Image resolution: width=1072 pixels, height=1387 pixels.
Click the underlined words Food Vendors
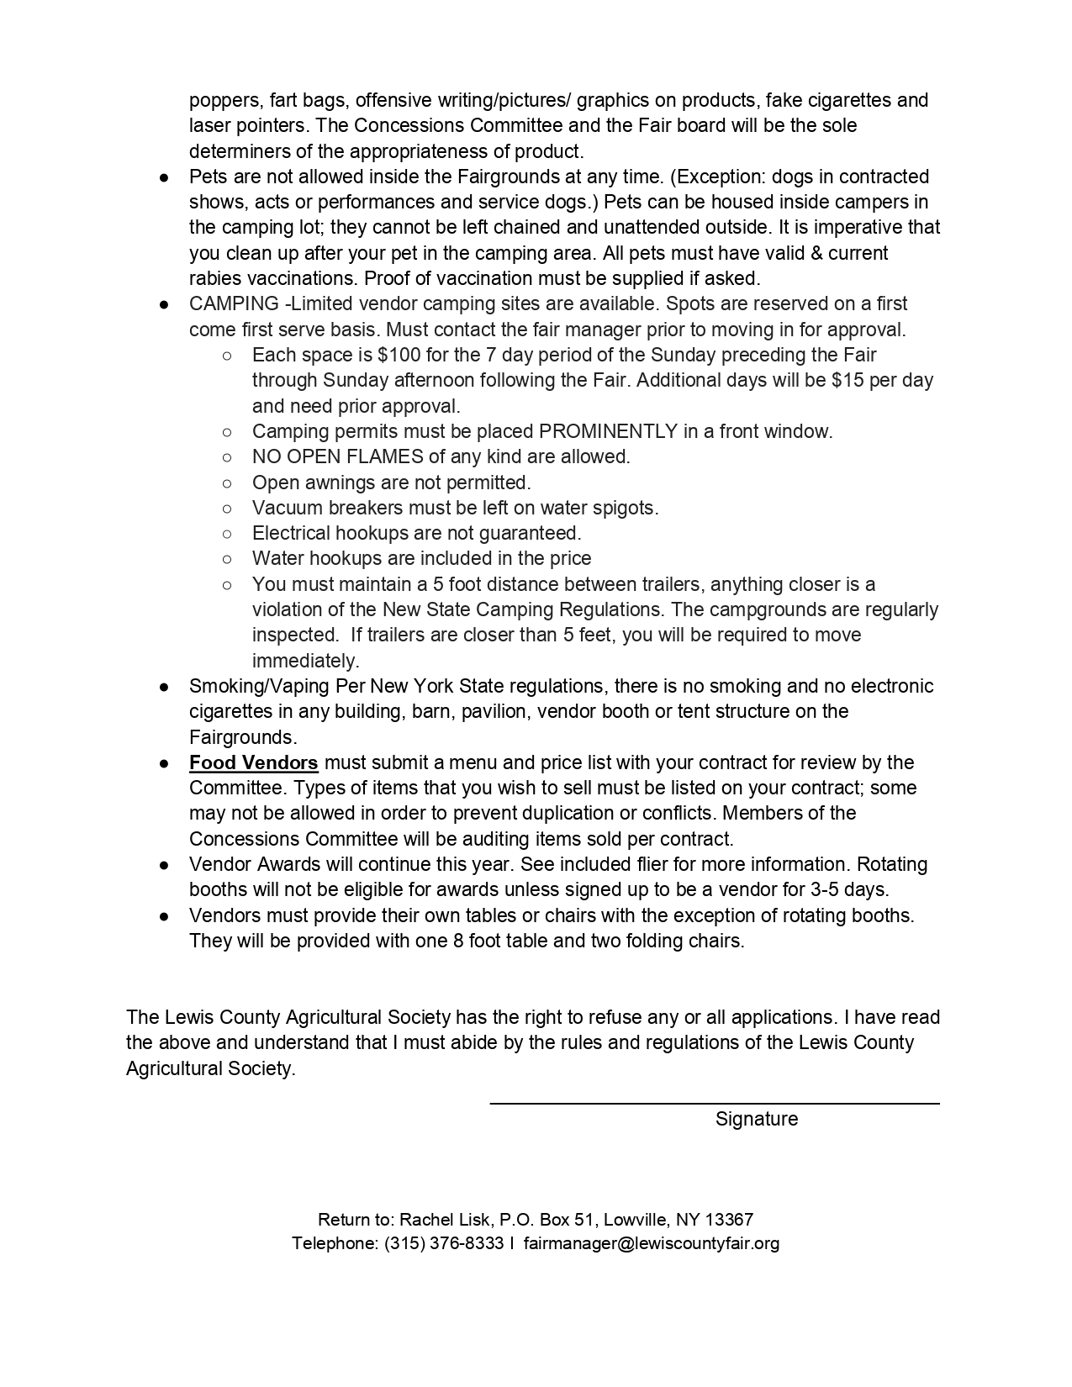point(253,762)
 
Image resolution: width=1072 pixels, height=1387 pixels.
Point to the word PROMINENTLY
point(608,431)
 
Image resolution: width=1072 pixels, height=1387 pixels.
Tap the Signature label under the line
point(757,1119)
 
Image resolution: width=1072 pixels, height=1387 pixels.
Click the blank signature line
point(715,1102)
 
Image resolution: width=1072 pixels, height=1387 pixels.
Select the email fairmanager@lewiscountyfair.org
point(651,1243)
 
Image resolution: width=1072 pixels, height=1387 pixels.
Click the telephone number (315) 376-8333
point(443,1243)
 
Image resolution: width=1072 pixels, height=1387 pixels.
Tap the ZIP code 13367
point(729,1219)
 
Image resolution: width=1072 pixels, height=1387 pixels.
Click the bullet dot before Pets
point(165,177)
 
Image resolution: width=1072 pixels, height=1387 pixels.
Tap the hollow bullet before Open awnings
point(227,483)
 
